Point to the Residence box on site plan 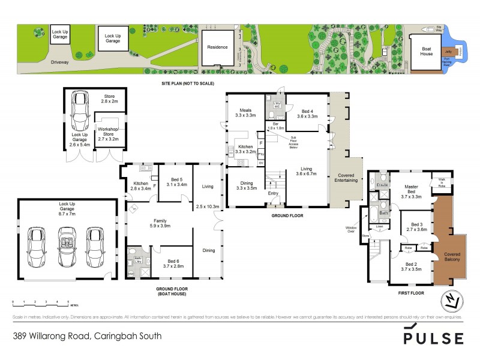pyautogui.click(x=217, y=47)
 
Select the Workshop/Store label pyautogui.click(x=109, y=132)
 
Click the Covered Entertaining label pyautogui.click(x=346, y=177)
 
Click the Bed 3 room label pyautogui.click(x=416, y=226)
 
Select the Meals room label pyautogui.click(x=245, y=112)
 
